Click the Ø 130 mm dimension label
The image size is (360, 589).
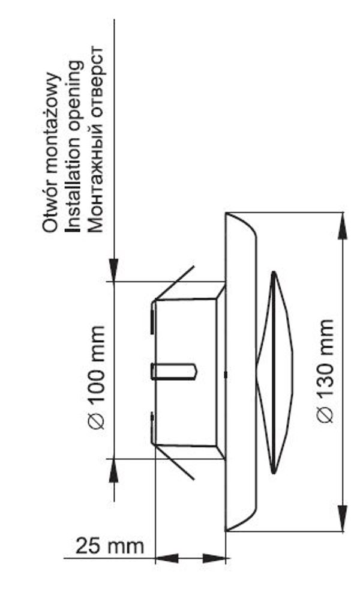click(x=324, y=372)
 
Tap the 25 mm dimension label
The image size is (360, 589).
click(x=110, y=545)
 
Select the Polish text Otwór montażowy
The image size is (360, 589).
click(x=50, y=152)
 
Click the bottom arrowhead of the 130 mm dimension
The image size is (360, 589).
click(x=342, y=518)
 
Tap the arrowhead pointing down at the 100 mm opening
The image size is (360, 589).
click(x=113, y=270)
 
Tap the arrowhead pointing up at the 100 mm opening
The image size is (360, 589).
click(x=113, y=471)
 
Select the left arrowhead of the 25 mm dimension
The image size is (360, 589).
click(x=167, y=558)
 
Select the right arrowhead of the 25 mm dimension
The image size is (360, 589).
click(x=214, y=558)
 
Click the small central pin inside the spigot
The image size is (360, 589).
click(x=173, y=371)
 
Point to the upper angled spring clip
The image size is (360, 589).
click(x=174, y=283)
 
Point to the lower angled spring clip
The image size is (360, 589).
click(x=175, y=462)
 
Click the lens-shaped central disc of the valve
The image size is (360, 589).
click(x=275, y=372)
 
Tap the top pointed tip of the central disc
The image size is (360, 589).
click(x=274, y=271)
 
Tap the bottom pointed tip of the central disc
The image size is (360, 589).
click(x=274, y=473)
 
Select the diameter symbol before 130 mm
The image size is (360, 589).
click(x=325, y=414)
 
